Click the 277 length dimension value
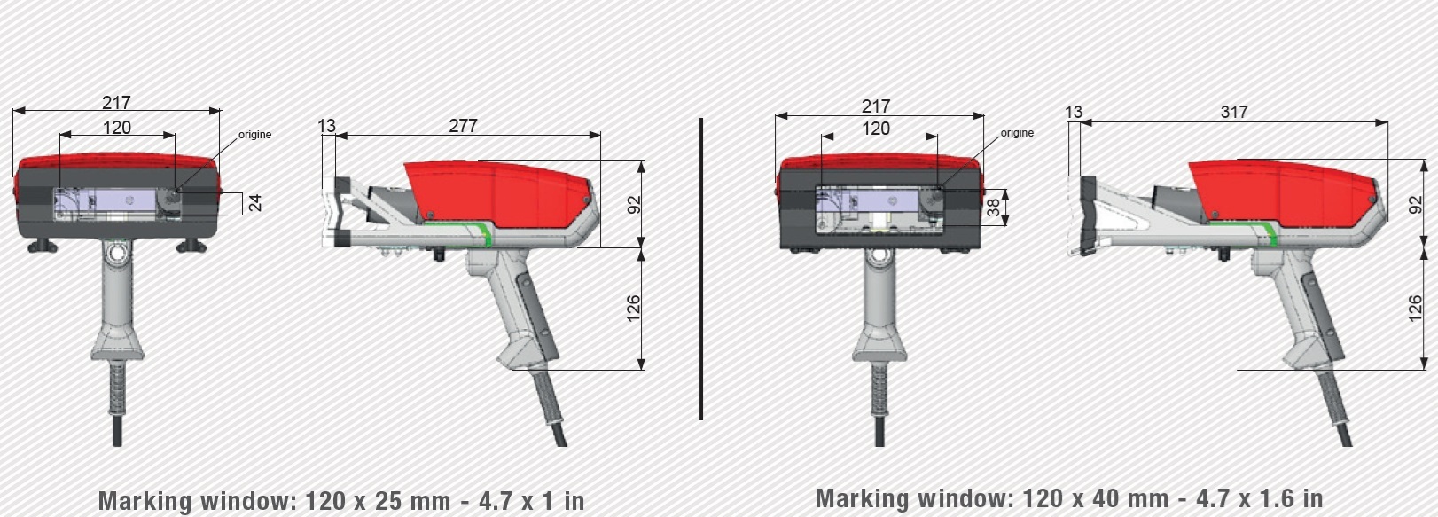463,125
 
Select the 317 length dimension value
1233,112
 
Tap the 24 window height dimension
255,203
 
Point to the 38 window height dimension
992,207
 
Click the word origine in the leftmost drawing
254,134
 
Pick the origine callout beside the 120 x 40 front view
1017,132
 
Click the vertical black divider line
700,269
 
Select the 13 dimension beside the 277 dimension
327,125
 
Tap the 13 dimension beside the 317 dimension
1074,112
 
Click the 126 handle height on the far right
1414,309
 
